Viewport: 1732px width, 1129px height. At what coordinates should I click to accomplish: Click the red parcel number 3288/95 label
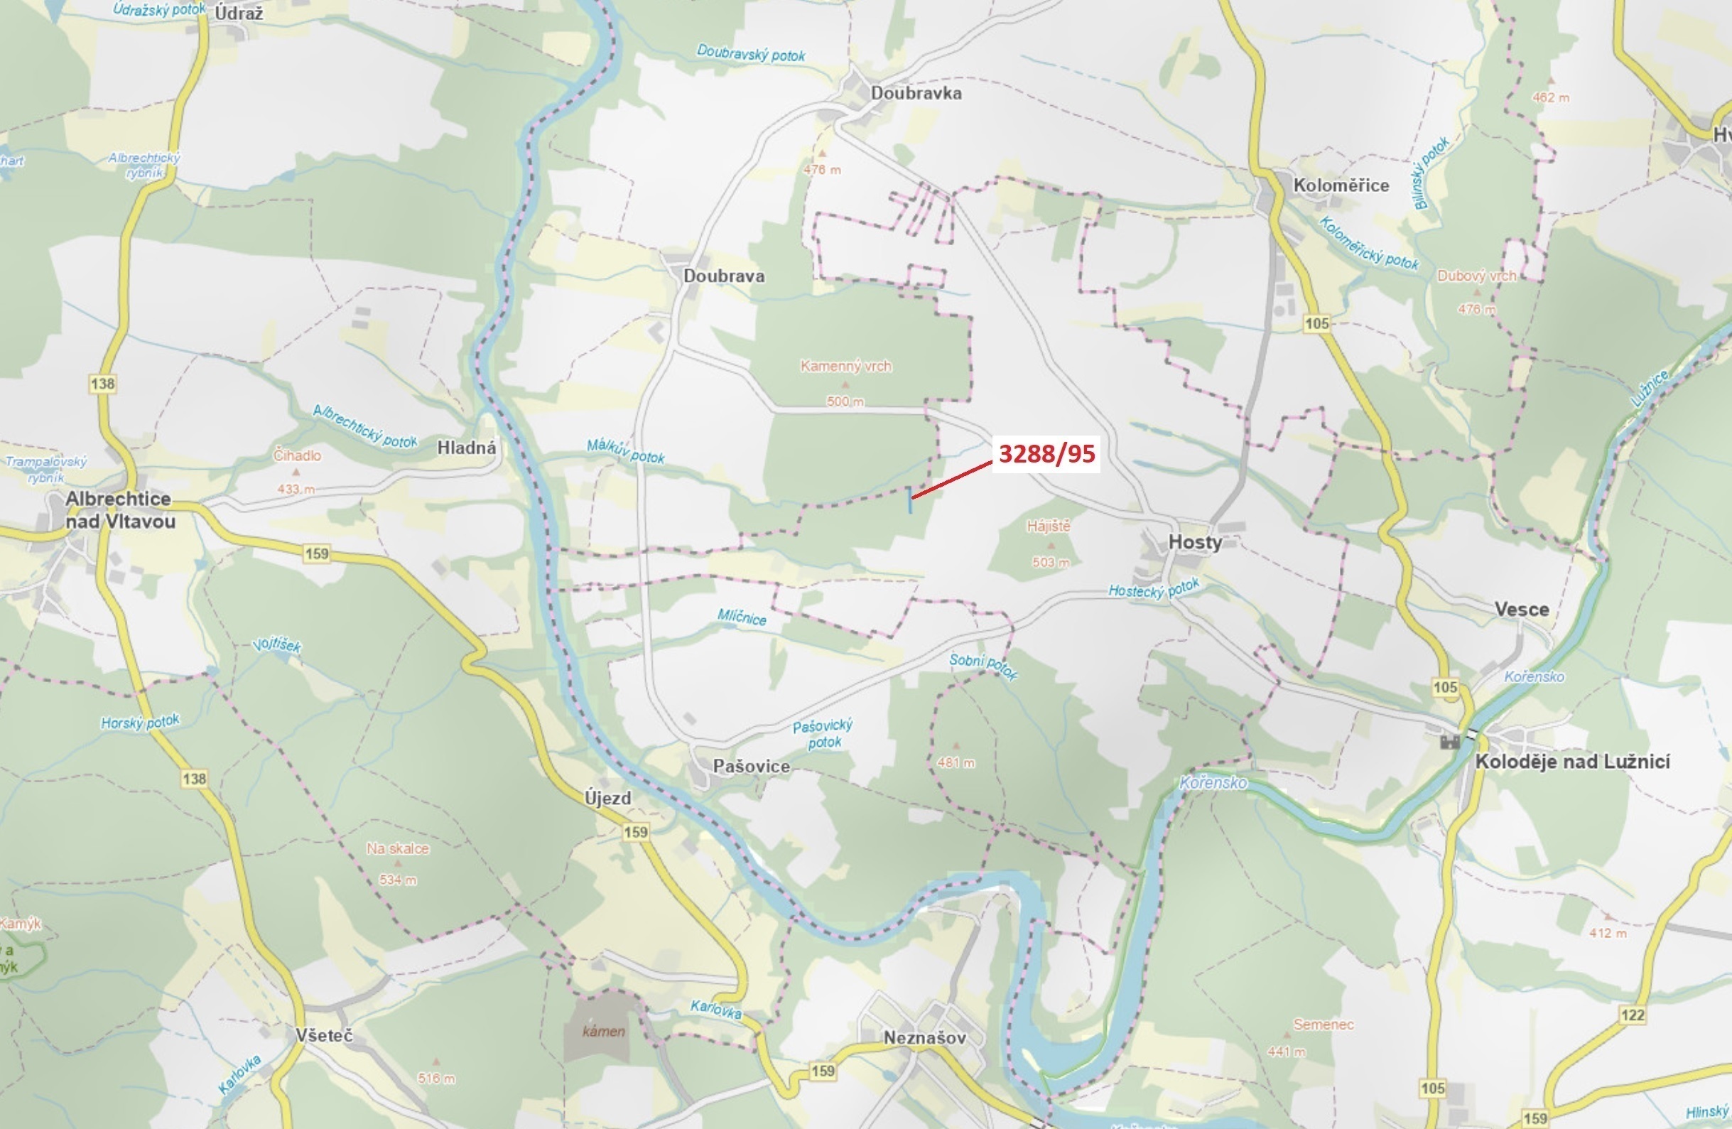pyautogui.click(x=1046, y=453)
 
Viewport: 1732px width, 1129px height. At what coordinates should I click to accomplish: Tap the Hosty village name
pyautogui.click(x=1194, y=541)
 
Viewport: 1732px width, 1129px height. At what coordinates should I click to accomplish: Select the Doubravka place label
pyautogui.click(x=916, y=93)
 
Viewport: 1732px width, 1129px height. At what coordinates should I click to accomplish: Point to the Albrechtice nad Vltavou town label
pyautogui.click(x=119, y=509)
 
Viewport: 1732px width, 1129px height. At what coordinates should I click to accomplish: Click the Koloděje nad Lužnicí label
pyautogui.click(x=1572, y=762)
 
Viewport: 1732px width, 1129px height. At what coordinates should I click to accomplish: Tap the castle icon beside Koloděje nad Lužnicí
pyautogui.click(x=1450, y=742)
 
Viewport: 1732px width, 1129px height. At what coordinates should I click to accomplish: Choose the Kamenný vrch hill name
pyautogui.click(x=845, y=366)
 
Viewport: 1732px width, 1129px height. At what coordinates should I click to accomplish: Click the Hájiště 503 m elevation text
pyautogui.click(x=1050, y=563)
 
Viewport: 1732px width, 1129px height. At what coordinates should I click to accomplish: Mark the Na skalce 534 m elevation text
pyautogui.click(x=397, y=880)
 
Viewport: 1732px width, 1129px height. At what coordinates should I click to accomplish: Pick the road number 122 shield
pyautogui.click(x=1633, y=1015)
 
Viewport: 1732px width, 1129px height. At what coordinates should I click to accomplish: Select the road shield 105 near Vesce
pyautogui.click(x=1445, y=687)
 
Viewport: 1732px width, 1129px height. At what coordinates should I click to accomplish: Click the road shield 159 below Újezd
pyautogui.click(x=635, y=832)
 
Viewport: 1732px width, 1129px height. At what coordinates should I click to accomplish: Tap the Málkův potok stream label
pyautogui.click(x=625, y=452)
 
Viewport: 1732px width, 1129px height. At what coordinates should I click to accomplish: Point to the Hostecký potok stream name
pyautogui.click(x=1154, y=590)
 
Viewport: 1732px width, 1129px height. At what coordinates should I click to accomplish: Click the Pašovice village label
pyautogui.click(x=751, y=767)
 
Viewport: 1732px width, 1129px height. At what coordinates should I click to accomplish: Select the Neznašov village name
pyautogui.click(x=924, y=1038)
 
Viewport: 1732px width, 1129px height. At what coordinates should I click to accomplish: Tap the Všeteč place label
pyautogui.click(x=324, y=1035)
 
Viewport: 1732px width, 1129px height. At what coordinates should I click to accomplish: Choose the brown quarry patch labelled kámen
pyautogui.click(x=602, y=1027)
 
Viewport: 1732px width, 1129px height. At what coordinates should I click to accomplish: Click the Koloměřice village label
pyautogui.click(x=1341, y=185)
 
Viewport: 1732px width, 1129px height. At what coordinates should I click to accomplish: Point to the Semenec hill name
pyautogui.click(x=1323, y=1024)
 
